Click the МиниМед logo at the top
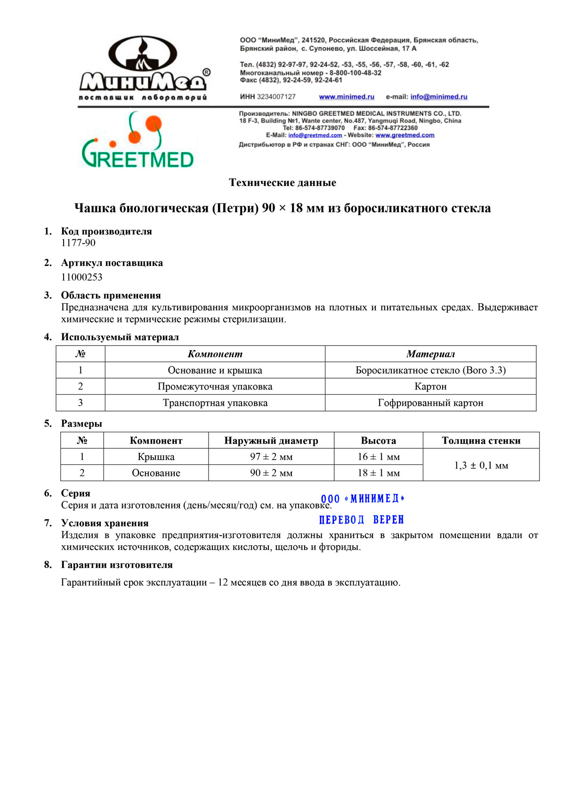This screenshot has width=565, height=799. pyautogui.click(x=144, y=68)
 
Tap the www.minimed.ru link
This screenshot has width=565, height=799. pyautogui.click(x=347, y=97)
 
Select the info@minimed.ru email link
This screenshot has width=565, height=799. pyautogui.click(x=439, y=97)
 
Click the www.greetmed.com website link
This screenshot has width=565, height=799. pyautogui.click(x=405, y=136)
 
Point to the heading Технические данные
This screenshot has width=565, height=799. pyautogui.click(x=282, y=183)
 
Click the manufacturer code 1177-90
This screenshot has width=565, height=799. pyautogui.click(x=78, y=243)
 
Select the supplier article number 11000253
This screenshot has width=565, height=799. pyautogui.click(x=82, y=277)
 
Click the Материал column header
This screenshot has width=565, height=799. pyautogui.click(x=430, y=354)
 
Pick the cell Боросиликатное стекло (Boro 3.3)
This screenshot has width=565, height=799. pyautogui.click(x=430, y=371)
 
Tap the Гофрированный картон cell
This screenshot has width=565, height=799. pyautogui.click(x=430, y=403)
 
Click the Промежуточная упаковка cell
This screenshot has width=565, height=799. pyautogui.click(x=215, y=387)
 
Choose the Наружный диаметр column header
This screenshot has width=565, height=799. pyautogui.click(x=271, y=441)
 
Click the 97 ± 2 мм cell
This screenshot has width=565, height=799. pyautogui.click(x=271, y=457)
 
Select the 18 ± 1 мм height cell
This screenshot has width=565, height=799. pyautogui.click(x=379, y=473)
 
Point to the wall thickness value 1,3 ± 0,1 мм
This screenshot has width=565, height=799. pyautogui.click(x=481, y=466)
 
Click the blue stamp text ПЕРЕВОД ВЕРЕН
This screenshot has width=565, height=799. pyautogui.click(x=362, y=520)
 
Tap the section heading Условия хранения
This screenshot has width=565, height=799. pyautogui.click(x=105, y=523)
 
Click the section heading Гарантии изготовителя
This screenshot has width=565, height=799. pyautogui.click(x=117, y=565)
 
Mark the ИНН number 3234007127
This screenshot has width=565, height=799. pyautogui.click(x=276, y=97)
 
